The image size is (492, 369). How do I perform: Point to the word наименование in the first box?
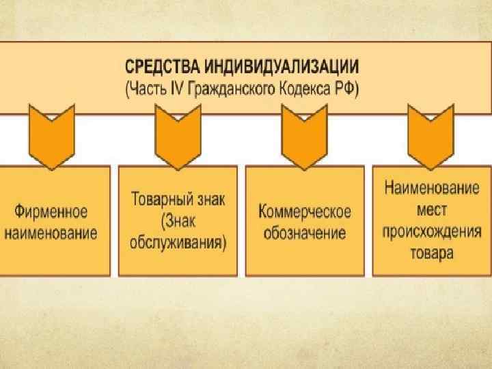tap(53, 232)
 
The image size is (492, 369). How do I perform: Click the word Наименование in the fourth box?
tap(431, 185)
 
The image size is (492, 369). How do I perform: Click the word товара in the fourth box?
tap(431, 251)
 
